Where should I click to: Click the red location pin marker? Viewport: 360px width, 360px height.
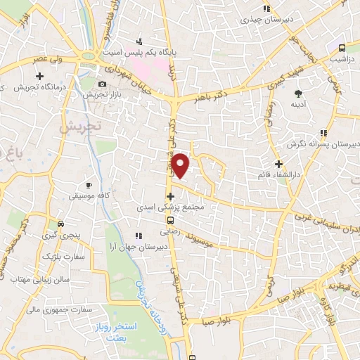[x=181, y=165]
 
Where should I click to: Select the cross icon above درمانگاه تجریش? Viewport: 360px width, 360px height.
[x=39, y=75]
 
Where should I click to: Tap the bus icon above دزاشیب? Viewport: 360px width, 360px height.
[x=341, y=49]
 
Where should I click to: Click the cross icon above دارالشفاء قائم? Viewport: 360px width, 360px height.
[x=278, y=163]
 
